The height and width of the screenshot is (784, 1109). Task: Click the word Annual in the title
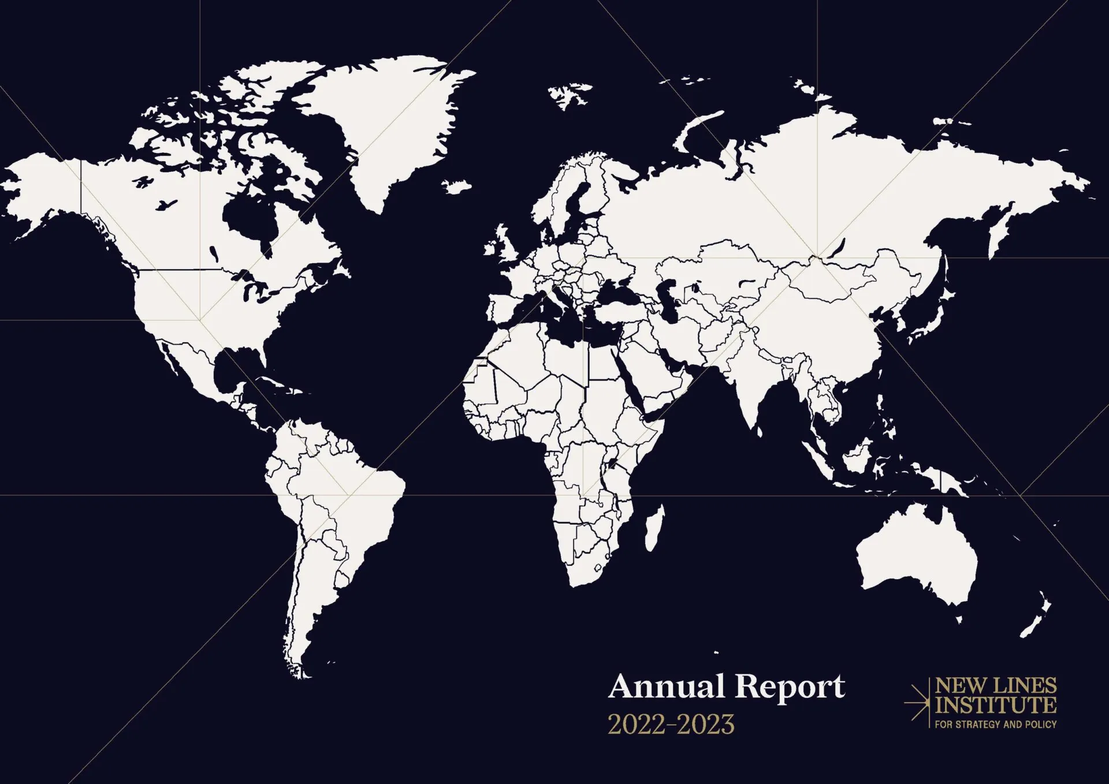pos(666,687)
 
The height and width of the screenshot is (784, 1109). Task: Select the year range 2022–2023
pos(671,725)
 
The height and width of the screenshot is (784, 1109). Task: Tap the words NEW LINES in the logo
pos(996,686)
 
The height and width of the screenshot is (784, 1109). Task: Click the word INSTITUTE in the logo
pos(996,705)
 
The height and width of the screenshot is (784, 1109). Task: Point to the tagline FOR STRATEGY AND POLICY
pos(996,724)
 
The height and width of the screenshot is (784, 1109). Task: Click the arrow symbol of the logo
pos(917,703)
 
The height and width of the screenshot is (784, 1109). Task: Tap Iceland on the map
pos(457,186)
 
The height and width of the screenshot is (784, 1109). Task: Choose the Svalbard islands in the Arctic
pos(569,94)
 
